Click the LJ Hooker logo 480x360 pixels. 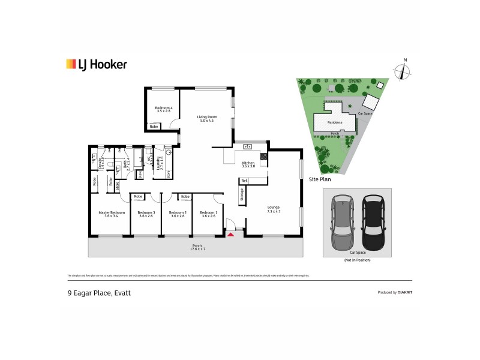[97, 64]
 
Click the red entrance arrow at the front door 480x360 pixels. [230, 234]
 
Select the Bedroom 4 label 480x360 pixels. [164, 109]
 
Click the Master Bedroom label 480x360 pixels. [112, 214]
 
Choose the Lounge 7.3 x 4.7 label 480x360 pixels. [274, 210]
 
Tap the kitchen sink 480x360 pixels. [247, 146]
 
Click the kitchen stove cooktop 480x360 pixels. [263, 158]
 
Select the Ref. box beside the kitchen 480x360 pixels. [244, 180]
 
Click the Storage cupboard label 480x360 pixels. [242, 194]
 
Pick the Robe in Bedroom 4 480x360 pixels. [154, 127]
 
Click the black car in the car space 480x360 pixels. [372, 221]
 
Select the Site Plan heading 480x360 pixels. [320, 179]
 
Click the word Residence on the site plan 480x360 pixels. [335, 122]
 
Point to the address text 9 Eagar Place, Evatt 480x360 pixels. [98, 293]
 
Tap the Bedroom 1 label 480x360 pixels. [208, 214]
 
